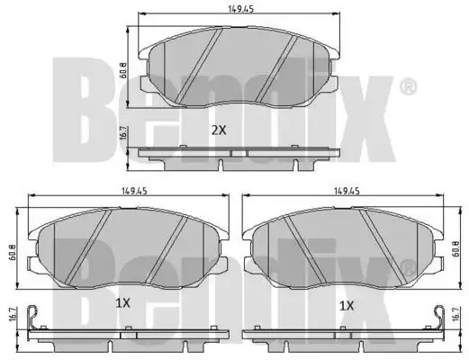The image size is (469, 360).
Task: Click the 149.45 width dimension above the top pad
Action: click(241, 9)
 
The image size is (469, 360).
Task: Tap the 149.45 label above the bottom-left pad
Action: click(134, 191)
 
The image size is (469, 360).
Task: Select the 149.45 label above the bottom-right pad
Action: click(347, 191)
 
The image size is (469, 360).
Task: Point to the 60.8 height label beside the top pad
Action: click(122, 71)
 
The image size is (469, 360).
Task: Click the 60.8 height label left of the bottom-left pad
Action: click(13, 252)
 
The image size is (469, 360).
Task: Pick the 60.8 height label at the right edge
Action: click(456, 248)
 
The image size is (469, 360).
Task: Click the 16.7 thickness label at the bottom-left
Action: click(13, 314)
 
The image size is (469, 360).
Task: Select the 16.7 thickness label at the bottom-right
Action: click(455, 314)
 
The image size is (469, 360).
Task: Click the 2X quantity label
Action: click(219, 130)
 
